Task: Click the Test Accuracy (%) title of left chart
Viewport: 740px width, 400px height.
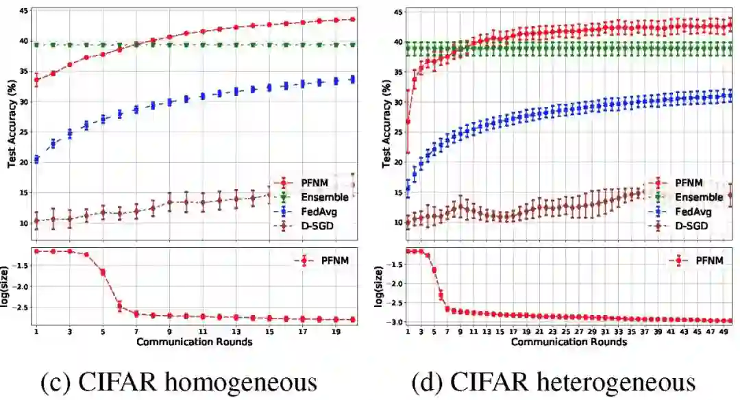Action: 12,125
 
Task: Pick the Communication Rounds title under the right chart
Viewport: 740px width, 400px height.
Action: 569,342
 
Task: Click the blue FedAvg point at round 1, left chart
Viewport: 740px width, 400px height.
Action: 36,160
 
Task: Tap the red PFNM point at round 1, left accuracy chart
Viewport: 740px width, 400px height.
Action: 36,79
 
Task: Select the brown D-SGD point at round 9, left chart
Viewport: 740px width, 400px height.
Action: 169,202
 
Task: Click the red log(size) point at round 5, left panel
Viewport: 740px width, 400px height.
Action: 103,272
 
